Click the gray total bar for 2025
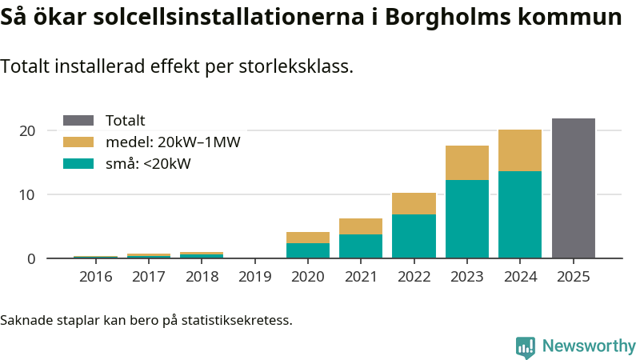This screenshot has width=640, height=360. click(573, 188)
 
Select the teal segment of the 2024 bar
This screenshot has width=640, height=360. click(520, 214)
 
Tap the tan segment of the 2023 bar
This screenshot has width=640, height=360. click(467, 162)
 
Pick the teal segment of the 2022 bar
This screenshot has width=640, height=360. click(414, 236)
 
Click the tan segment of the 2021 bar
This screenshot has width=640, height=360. click(361, 226)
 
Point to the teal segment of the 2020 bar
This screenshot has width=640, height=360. click(308, 250)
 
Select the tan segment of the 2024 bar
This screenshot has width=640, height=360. click(520, 150)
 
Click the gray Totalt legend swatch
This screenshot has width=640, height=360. click(78, 121)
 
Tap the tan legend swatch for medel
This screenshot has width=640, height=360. click(78, 142)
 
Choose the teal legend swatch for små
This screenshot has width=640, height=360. click(78, 164)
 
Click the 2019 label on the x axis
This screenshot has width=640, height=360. click(255, 277)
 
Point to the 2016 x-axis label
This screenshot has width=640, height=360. click(95, 277)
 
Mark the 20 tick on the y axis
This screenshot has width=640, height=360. click(28, 130)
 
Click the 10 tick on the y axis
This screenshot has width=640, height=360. click(28, 194)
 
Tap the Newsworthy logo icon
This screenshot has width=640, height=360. click(526, 346)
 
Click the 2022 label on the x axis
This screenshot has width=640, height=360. click(414, 277)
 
